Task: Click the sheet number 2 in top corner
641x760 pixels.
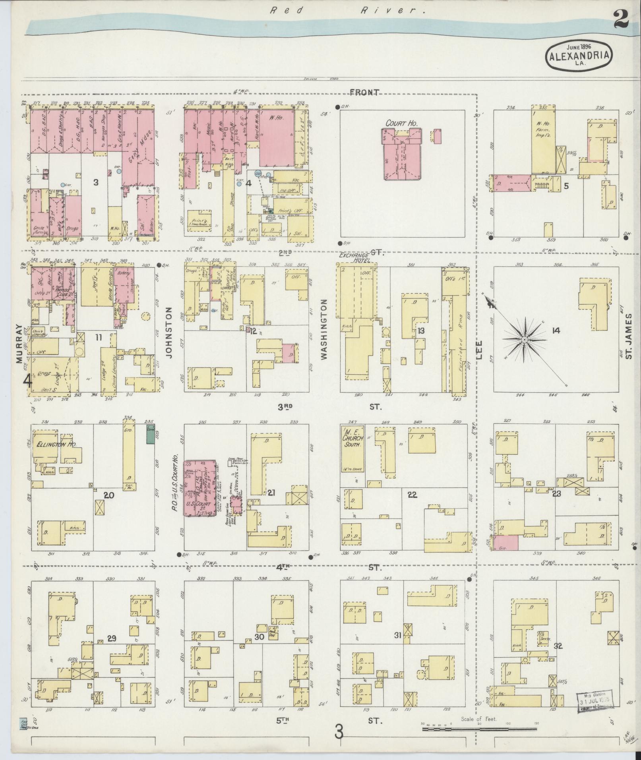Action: coord(620,19)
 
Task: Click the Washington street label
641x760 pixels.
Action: coord(323,329)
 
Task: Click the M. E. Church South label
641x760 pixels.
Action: coord(353,439)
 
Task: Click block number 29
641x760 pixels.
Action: coord(112,639)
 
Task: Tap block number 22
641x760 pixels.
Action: coord(412,494)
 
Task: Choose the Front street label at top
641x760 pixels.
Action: coord(364,93)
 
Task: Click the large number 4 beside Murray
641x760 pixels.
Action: coord(27,381)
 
